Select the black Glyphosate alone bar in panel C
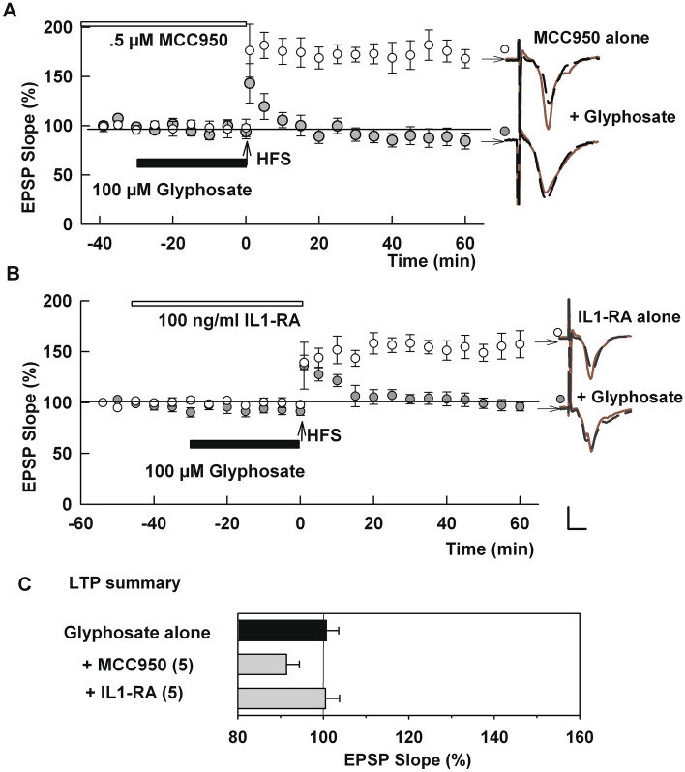click(283, 632)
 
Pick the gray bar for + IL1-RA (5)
click(282, 698)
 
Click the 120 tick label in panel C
click(408, 736)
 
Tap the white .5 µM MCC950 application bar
click(164, 22)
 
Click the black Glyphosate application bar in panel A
click(192, 163)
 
